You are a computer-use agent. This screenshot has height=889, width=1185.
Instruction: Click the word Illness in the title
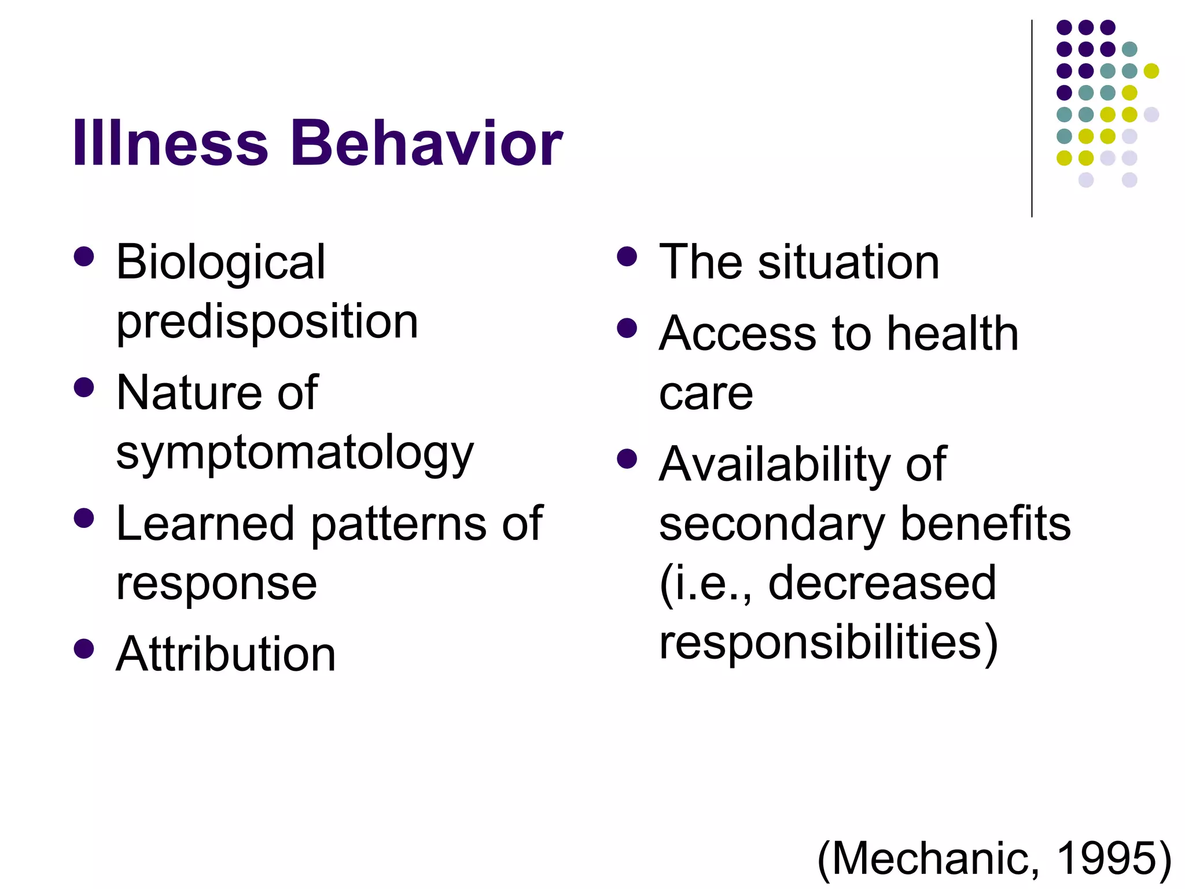tap(170, 143)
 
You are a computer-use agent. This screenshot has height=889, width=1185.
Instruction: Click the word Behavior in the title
tap(426, 143)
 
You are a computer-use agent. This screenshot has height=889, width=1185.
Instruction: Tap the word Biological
tap(220, 262)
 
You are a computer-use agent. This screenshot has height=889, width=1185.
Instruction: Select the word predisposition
tap(267, 322)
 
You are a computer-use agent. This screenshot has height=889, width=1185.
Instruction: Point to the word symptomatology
tap(295, 453)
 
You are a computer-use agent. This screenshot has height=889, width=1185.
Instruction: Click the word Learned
tap(205, 524)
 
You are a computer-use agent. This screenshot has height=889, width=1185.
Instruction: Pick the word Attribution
tap(226, 654)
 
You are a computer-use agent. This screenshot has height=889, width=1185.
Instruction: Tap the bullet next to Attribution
tap(84, 648)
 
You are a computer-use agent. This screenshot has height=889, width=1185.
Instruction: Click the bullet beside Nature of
tap(84, 387)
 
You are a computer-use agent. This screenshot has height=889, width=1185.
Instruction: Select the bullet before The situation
tap(627, 256)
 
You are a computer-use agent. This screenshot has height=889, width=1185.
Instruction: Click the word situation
tap(849, 262)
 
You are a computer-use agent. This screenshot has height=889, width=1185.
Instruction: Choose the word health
tap(952, 334)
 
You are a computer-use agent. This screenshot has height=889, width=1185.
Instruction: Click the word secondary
tap(772, 524)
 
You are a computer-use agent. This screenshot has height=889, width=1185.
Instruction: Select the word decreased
tap(882, 583)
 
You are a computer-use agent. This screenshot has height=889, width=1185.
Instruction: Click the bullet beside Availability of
tap(627, 459)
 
